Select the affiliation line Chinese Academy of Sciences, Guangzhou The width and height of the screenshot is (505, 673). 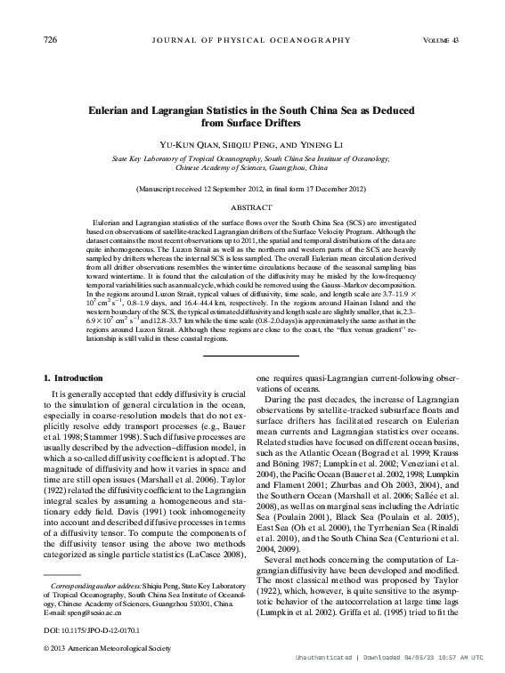252,166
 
